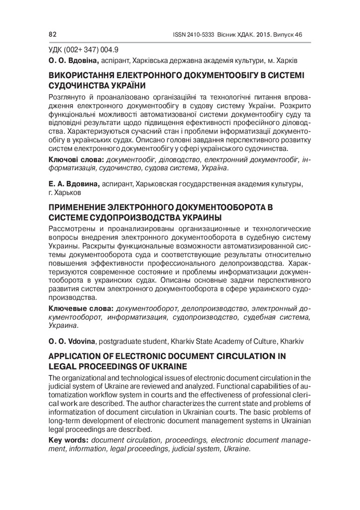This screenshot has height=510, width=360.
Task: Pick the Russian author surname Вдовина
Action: click(x=81, y=184)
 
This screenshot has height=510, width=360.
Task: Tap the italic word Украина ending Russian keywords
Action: click(x=63, y=325)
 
